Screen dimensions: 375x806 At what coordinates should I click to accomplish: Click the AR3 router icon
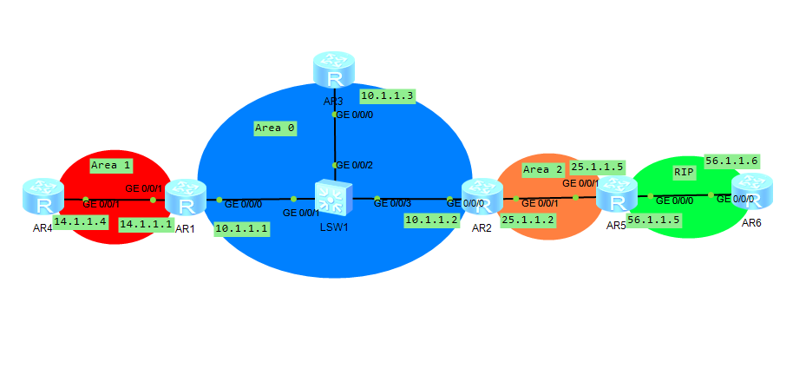click(x=335, y=70)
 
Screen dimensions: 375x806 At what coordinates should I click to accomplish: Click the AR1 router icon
click(x=184, y=197)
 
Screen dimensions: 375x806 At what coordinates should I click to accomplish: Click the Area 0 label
click(x=275, y=128)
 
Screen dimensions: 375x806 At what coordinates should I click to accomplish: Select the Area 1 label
click(x=110, y=164)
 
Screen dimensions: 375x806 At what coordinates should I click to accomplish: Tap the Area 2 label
click(x=543, y=169)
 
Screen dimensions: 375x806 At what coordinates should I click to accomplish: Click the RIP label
click(x=685, y=173)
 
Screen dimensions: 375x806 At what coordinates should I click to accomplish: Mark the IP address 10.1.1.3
click(x=388, y=95)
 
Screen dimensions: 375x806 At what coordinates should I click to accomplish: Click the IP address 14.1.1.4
click(x=80, y=222)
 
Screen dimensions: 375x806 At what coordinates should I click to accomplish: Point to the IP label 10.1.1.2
click(x=431, y=220)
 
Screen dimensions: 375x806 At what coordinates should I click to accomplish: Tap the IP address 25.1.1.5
click(x=597, y=167)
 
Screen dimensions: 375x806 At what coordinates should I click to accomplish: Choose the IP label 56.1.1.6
click(x=731, y=161)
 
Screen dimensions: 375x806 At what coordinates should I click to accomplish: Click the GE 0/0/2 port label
click(x=354, y=165)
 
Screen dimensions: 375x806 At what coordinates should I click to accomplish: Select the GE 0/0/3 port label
click(x=394, y=201)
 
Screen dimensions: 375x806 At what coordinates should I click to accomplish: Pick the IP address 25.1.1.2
click(x=528, y=220)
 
